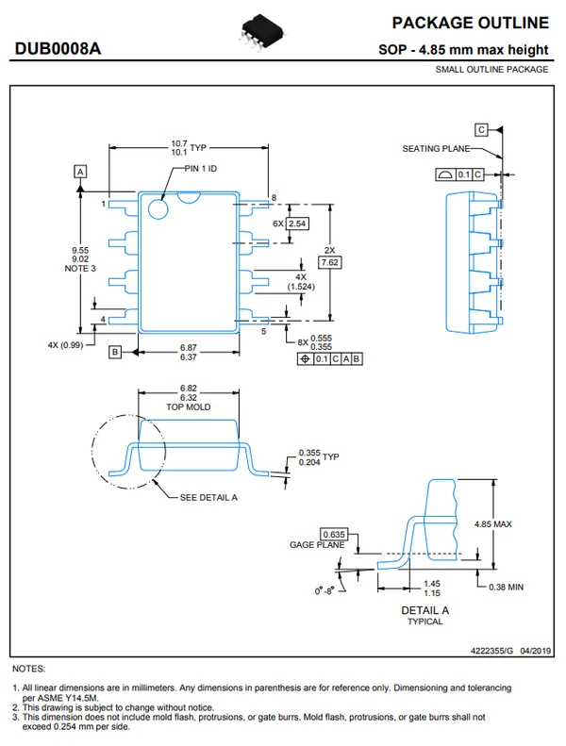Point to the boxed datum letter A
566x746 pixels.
coord(81,172)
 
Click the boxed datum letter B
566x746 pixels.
coord(114,352)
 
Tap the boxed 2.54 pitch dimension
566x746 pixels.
coord(297,224)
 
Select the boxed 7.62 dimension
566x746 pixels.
coord(329,261)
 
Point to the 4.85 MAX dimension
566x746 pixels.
coord(492,524)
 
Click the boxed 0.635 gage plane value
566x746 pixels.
coord(333,535)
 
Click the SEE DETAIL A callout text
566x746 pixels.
coord(208,497)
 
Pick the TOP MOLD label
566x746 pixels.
coord(188,406)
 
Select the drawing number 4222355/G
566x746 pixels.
coord(491,651)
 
